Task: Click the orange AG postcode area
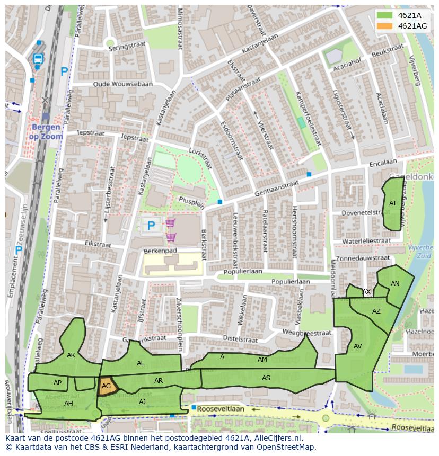click(x=107, y=386)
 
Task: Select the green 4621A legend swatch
click(x=385, y=15)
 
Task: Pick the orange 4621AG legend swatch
click(x=385, y=26)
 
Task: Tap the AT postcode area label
click(x=393, y=203)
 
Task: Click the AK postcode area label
click(x=71, y=355)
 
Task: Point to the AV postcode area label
click(x=357, y=346)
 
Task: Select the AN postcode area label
click(x=395, y=284)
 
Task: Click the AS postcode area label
click(x=266, y=378)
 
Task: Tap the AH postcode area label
click(x=68, y=404)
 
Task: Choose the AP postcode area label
click(x=58, y=383)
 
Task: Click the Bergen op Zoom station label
click(x=47, y=132)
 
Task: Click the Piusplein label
click(x=191, y=201)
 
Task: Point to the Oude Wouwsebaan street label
click(x=122, y=84)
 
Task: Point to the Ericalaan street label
click(x=383, y=163)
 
